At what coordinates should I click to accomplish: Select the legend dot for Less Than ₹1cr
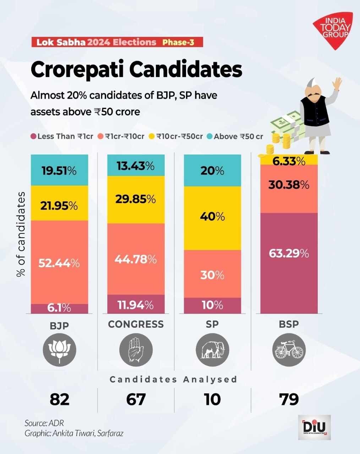pos(33,136)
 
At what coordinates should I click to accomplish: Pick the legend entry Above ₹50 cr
pos(238,136)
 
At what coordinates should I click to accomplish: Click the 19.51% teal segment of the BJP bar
pos(59,171)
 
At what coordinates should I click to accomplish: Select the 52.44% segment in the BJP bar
pos(59,263)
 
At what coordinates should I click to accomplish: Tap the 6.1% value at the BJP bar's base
pos(59,308)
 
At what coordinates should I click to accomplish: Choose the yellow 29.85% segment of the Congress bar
pos(136,199)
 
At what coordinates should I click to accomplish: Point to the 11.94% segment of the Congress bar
pos(136,305)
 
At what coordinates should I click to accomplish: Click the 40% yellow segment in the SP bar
pos(212,217)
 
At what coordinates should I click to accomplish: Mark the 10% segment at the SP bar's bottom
pos(212,305)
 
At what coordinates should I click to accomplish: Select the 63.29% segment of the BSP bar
pos(289,254)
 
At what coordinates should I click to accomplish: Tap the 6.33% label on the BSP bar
pos(289,161)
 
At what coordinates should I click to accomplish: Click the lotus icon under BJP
pos(59,350)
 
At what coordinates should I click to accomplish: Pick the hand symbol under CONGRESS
pos(136,350)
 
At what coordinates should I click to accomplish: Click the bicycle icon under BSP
pos(289,350)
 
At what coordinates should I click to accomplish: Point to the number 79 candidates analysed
pos(289,399)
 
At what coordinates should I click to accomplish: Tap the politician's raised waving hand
pos(337,84)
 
